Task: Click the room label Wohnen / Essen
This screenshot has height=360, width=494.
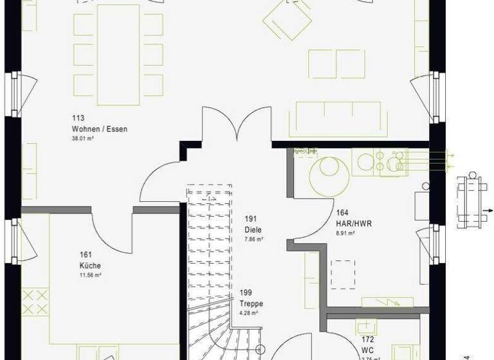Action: (x=99, y=129)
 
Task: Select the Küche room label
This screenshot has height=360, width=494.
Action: (x=90, y=265)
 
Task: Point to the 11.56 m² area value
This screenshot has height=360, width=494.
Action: (x=90, y=274)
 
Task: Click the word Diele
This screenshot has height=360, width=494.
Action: (x=253, y=230)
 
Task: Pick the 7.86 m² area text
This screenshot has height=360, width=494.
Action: (x=254, y=239)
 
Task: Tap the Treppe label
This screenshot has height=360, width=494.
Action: (x=252, y=304)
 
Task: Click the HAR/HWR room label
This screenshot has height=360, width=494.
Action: (x=354, y=224)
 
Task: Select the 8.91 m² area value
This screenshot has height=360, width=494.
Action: (x=345, y=233)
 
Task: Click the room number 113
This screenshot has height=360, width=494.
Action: (x=78, y=118)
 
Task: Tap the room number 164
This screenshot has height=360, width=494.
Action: (x=342, y=213)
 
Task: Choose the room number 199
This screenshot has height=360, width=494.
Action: (x=245, y=293)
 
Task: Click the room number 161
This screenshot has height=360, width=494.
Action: (x=85, y=255)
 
